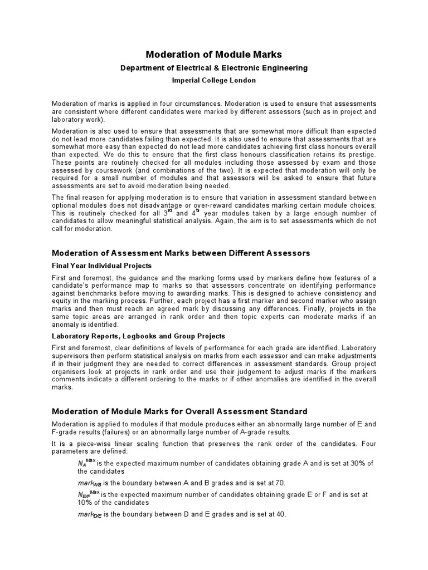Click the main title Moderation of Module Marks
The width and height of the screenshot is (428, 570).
(214, 55)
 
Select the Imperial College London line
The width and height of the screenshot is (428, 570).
(214, 80)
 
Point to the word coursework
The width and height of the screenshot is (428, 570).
(103, 169)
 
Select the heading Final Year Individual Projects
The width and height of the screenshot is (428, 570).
(101, 266)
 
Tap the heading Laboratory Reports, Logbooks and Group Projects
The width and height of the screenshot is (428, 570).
(138, 336)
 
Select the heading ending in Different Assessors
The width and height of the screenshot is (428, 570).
(181, 253)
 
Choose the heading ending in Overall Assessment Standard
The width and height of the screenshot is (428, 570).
(179, 412)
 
